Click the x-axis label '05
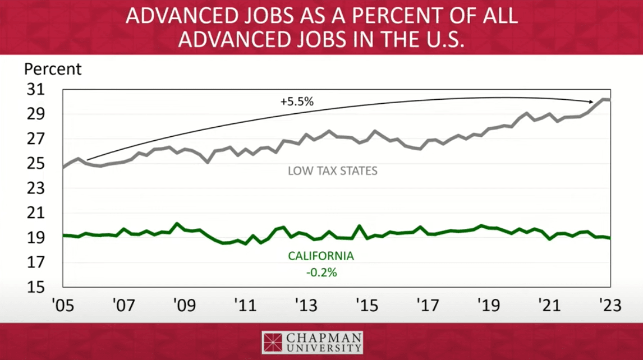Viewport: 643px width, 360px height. (63, 306)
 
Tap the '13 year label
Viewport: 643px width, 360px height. (306, 306)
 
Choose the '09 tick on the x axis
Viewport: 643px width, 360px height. (184, 306)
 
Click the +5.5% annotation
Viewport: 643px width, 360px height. (296, 103)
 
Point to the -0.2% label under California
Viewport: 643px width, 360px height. (321, 273)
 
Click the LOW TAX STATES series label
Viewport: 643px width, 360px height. (332, 170)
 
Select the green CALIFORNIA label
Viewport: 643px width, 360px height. (321, 256)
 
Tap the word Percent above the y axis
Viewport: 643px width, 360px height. (52, 70)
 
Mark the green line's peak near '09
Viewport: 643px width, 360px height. (177, 224)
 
